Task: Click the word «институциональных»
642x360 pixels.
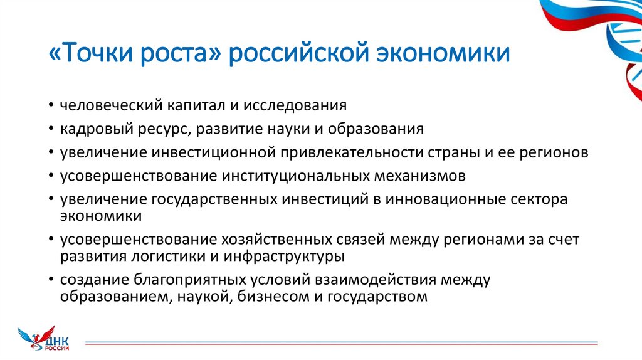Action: (x=286, y=176)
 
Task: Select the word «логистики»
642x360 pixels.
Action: (x=179, y=256)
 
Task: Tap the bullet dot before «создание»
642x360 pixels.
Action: (x=53, y=280)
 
